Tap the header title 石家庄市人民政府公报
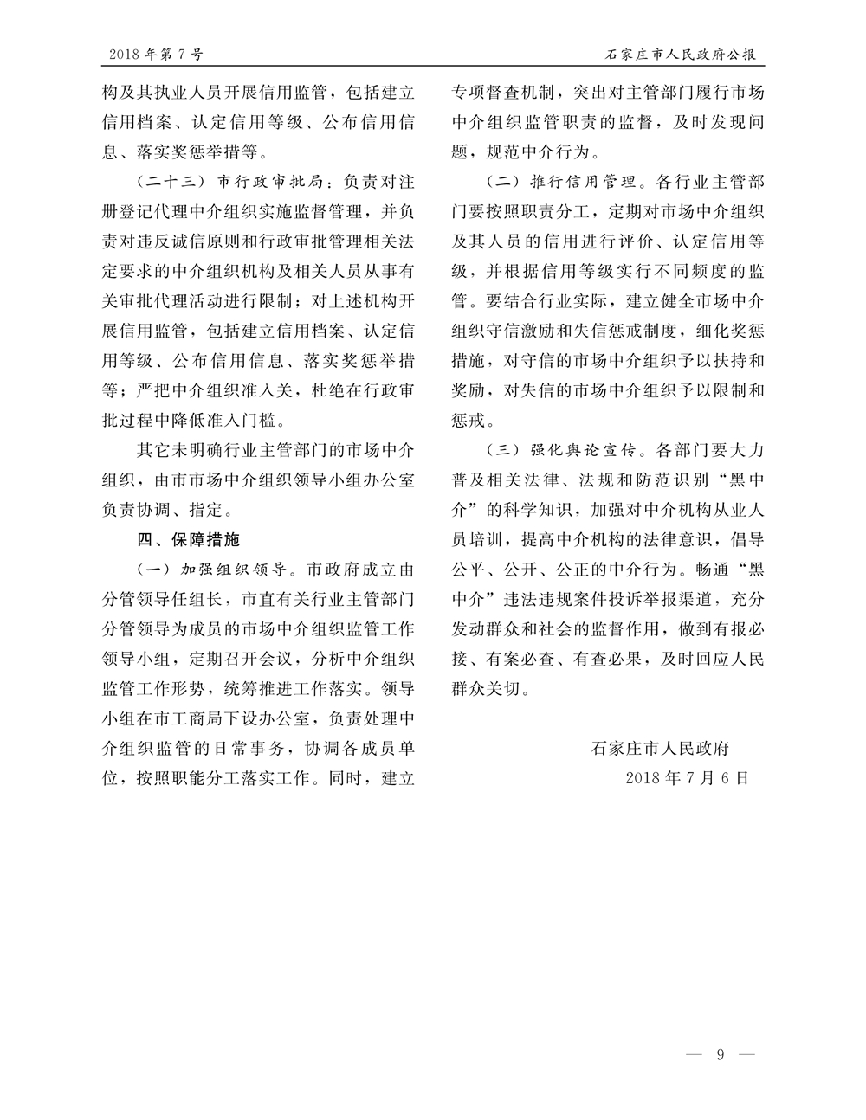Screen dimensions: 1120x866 pyautogui.click(x=680, y=55)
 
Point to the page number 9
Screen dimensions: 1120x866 pyautogui.click(x=720, y=1054)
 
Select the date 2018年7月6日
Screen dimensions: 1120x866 pyautogui.click(x=686, y=777)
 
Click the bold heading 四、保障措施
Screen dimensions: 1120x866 pyautogui.click(x=189, y=539)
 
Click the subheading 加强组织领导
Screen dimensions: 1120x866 pyautogui.click(x=231, y=570)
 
